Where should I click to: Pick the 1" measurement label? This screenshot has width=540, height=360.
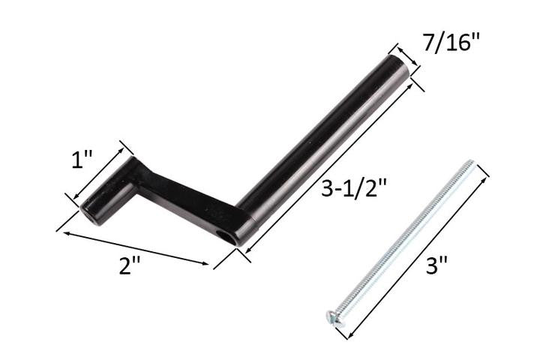tap(83, 159)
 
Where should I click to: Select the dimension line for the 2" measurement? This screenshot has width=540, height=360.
tap(135, 248)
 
